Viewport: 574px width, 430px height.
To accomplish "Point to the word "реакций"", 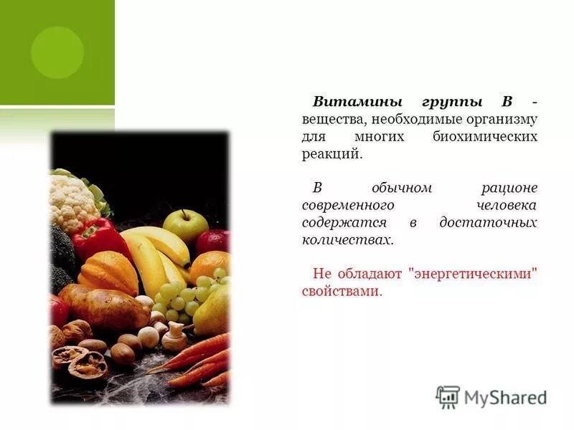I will click(331, 154).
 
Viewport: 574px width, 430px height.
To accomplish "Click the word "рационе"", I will click(509, 188).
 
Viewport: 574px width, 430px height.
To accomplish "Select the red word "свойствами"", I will click(340, 292).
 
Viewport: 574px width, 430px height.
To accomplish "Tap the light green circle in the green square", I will click(57, 52).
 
